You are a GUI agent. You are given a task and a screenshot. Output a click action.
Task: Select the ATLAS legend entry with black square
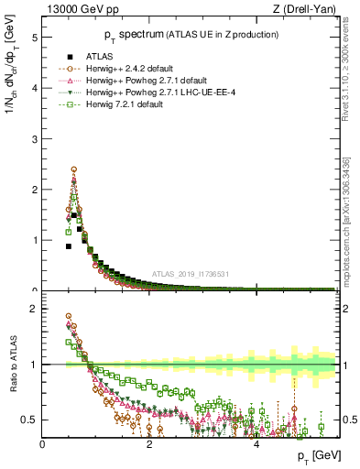[x=101, y=56]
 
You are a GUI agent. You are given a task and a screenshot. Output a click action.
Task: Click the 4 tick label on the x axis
[x=256, y=443]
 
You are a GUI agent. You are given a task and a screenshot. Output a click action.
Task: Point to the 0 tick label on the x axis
[x=43, y=443]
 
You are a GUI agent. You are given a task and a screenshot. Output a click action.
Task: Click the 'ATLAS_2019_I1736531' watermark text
[x=195, y=274]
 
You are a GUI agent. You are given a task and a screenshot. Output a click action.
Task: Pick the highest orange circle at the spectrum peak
[x=73, y=169]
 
